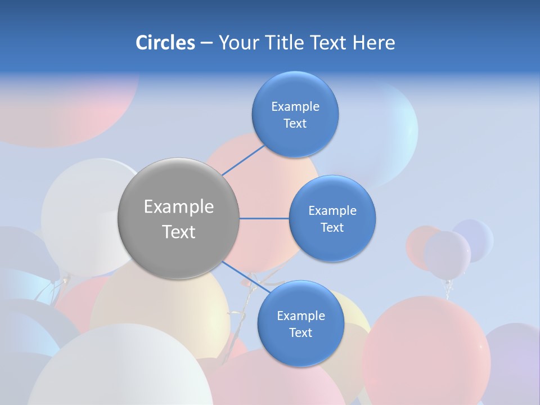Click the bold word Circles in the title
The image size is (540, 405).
pos(165,43)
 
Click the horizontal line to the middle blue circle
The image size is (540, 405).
pos(264,218)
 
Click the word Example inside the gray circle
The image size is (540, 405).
pos(178,207)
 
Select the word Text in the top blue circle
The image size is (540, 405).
pos(295,124)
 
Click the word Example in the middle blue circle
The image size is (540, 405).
pos(332,211)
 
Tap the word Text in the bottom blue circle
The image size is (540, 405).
pos(300,333)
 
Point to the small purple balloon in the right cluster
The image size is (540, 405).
pos(447,254)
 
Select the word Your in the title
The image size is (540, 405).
pos(236,43)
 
